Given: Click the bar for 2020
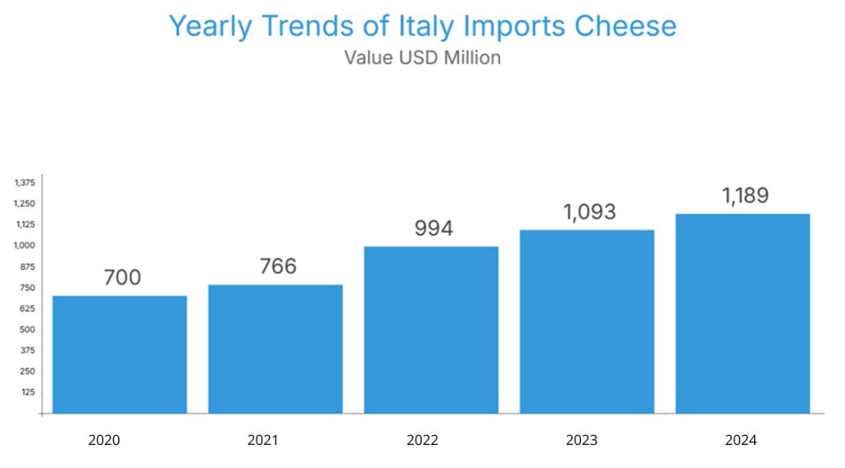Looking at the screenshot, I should [x=120, y=354].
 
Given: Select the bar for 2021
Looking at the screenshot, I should [x=275, y=348].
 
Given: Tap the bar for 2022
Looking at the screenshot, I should [x=431, y=329].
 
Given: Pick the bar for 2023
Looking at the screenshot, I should [x=587, y=321].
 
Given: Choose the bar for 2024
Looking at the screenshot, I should [x=743, y=313].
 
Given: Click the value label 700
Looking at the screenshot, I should [x=122, y=277].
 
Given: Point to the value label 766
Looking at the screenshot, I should [x=277, y=267].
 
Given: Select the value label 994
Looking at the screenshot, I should [x=433, y=228].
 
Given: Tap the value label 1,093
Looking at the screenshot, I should [x=589, y=211].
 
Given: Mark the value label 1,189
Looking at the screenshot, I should [x=744, y=196].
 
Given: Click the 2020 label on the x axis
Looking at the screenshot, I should [x=104, y=440].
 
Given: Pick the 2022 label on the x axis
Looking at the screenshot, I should [x=422, y=440].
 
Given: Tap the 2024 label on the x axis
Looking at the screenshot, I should [x=741, y=440].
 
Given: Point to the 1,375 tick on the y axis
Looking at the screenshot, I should [x=24, y=182].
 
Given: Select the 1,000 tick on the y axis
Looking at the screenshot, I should [x=24, y=245].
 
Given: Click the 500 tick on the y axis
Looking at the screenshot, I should [x=26, y=329].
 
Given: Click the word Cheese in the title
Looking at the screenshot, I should [x=625, y=26].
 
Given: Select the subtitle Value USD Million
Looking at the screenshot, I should [x=422, y=58].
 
